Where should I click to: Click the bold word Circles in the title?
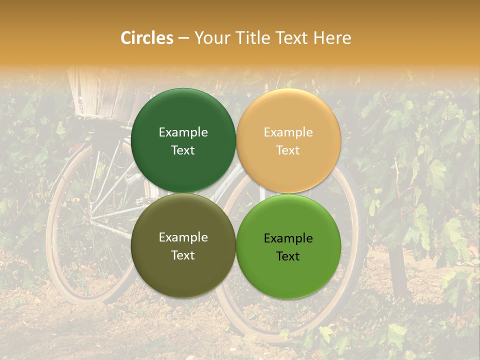tap(147, 38)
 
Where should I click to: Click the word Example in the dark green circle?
tap(183, 132)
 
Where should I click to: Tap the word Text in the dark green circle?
tap(183, 150)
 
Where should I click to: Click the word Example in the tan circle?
tap(288, 132)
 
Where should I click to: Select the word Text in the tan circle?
tap(288, 150)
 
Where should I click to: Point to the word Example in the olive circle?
tap(183, 237)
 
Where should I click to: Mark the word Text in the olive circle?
tap(183, 255)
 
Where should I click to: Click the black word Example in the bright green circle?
tap(288, 238)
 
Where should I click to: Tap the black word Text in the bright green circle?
tap(288, 256)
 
